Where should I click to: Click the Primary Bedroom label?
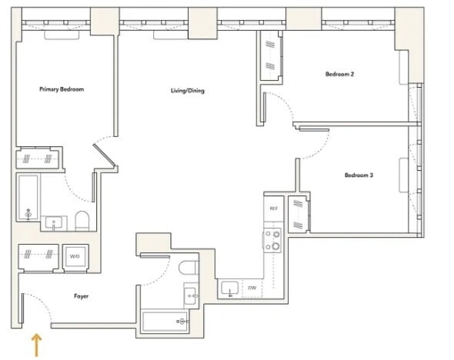pyautogui.click(x=62, y=89)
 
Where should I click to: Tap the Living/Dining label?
pyautogui.click(x=188, y=91)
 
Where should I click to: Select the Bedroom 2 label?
pyautogui.click(x=339, y=74)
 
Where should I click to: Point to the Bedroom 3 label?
pyautogui.click(x=359, y=175)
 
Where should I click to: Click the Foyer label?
pyautogui.click(x=81, y=296)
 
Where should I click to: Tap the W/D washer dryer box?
pyautogui.click(x=75, y=257)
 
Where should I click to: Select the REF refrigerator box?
pyautogui.click(x=274, y=208)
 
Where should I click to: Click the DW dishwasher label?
pyautogui.click(x=252, y=288)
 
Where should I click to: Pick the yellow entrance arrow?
pyautogui.click(x=36, y=345)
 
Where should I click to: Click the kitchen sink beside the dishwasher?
pyautogui.click(x=230, y=288)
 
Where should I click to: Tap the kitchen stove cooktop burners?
pyautogui.click(x=272, y=240)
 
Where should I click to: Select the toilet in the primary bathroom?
pyautogui.click(x=82, y=221)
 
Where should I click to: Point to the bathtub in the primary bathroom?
pyautogui.click(x=28, y=197)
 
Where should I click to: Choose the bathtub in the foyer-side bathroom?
pyautogui.click(x=165, y=321)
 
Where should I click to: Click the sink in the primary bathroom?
pyautogui.click(x=54, y=223)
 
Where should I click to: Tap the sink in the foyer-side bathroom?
pyautogui.click(x=191, y=295)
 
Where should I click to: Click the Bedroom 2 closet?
pyautogui.click(x=271, y=55)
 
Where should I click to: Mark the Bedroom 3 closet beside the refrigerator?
pyautogui.click(x=299, y=214)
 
